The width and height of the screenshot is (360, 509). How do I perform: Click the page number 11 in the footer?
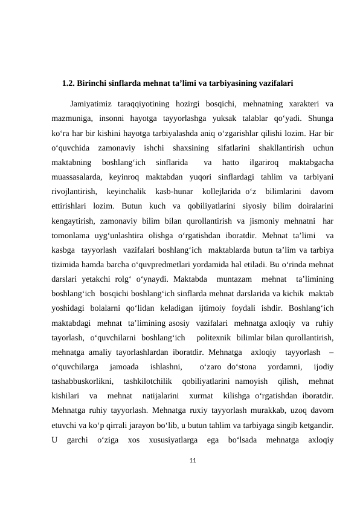[x=194, y=445]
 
